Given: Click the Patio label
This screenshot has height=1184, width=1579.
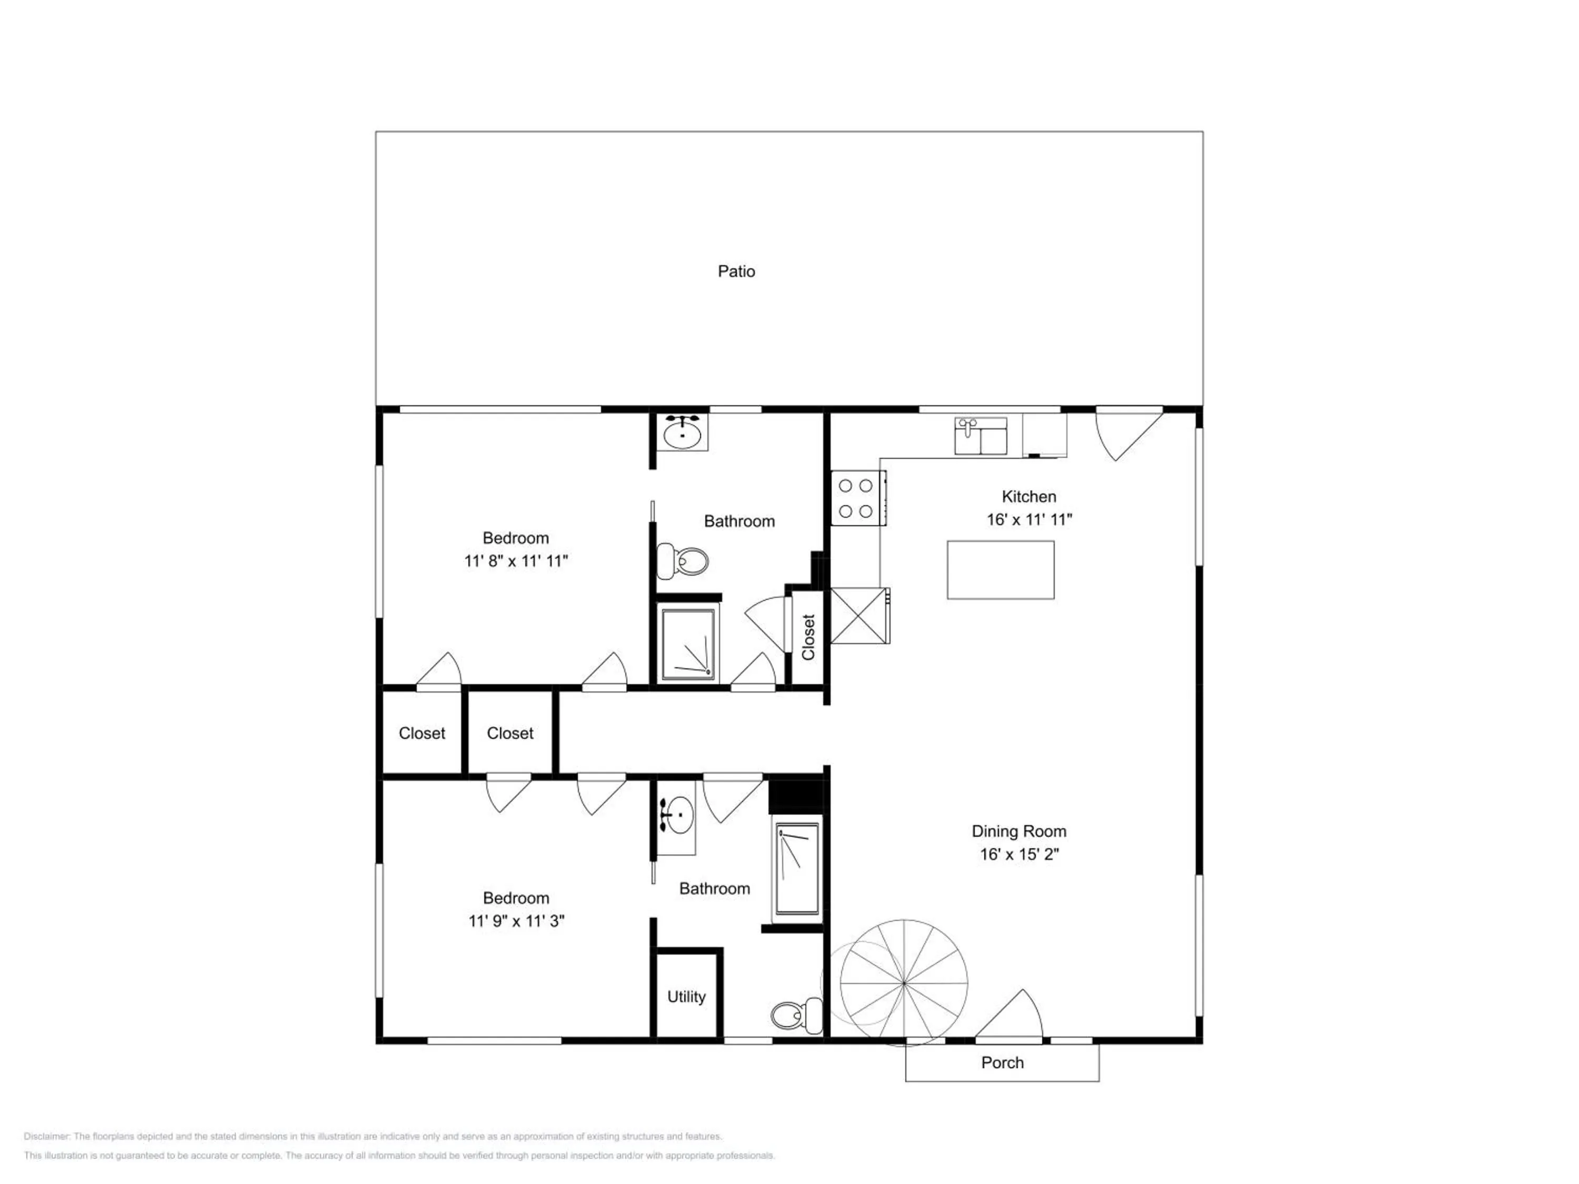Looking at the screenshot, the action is point(736,271).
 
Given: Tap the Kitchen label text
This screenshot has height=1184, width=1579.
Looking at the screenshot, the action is point(1028,497).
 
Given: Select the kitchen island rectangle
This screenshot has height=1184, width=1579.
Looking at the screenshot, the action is point(1000,569).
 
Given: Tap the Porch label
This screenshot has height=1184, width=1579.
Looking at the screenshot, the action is point(1002,1062).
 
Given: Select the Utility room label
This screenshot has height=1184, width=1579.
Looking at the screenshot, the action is point(686,997).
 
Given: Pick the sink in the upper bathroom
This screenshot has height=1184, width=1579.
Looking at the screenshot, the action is point(683,432).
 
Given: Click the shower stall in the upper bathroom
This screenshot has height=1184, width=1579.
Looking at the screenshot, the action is point(688,644).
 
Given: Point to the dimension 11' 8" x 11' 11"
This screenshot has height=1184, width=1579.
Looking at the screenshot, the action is point(515,561).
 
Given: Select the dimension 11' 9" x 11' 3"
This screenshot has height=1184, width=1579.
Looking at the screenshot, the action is point(516,921).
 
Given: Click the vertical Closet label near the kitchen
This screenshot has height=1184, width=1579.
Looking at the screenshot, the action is point(808,637).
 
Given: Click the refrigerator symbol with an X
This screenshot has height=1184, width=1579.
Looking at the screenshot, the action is point(860,616).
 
